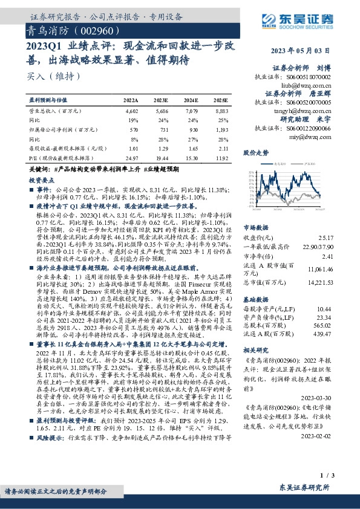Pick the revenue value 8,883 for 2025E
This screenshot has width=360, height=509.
pyautogui.click(x=221, y=112)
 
